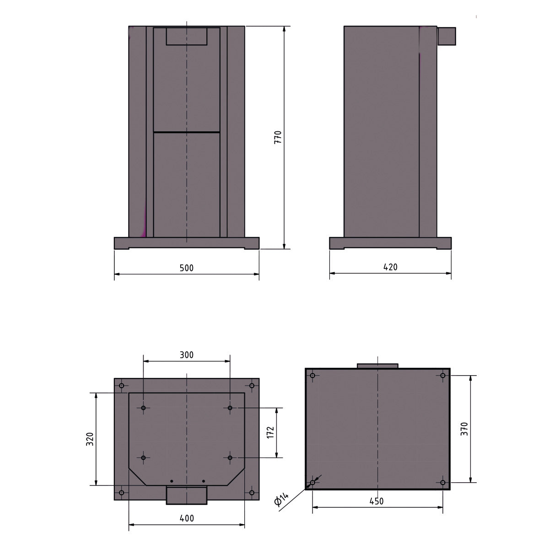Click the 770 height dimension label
(278, 138)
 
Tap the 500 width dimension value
(187, 268)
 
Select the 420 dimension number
(390, 267)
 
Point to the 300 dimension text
(187, 355)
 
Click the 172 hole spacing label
(270, 433)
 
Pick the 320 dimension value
(90, 439)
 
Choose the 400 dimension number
(187, 518)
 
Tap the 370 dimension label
(464, 429)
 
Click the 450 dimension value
(376, 501)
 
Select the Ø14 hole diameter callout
(282, 499)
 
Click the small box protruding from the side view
(447, 36)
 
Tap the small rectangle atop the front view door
(187, 36)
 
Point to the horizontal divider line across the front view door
(187, 132)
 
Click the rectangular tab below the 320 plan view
(187, 495)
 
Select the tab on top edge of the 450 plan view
(377, 366)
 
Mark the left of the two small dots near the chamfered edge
(172, 481)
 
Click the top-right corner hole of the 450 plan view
(442, 376)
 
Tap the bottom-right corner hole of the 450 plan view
(442, 482)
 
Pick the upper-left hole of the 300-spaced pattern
(143, 408)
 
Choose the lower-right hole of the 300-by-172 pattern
(230, 457)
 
